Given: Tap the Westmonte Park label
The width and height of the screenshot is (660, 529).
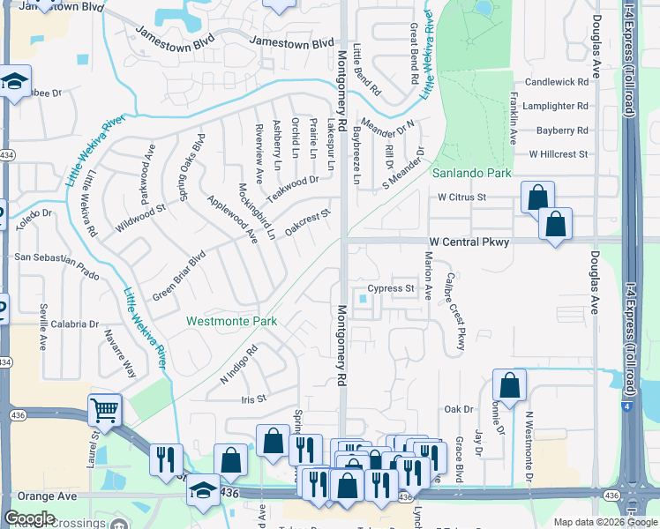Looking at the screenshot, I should pyautogui.click(x=232, y=322).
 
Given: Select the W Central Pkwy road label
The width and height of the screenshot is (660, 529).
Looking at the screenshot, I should pyautogui.click(x=469, y=242).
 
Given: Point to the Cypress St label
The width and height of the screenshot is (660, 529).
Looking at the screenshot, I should pyautogui.click(x=391, y=288).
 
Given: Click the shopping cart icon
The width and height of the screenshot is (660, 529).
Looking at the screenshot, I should pyautogui.click(x=104, y=409).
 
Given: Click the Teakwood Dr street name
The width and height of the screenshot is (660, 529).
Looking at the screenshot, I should pyautogui.click(x=292, y=187).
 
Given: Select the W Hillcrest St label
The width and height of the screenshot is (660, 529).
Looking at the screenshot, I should pyautogui.click(x=558, y=154).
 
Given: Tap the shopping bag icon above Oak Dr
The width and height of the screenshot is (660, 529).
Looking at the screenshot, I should pyautogui.click(x=509, y=385).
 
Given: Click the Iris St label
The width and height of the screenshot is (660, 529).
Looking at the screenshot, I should pyautogui.click(x=254, y=399).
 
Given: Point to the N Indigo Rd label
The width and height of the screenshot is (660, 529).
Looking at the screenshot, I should pyautogui.click(x=238, y=363).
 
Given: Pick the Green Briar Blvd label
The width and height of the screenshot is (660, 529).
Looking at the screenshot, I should pyautogui.click(x=178, y=274).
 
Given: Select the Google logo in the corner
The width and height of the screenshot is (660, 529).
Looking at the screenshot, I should pyautogui.click(x=29, y=518).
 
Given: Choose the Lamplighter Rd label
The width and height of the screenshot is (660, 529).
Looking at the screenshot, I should pyautogui.click(x=557, y=106).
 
